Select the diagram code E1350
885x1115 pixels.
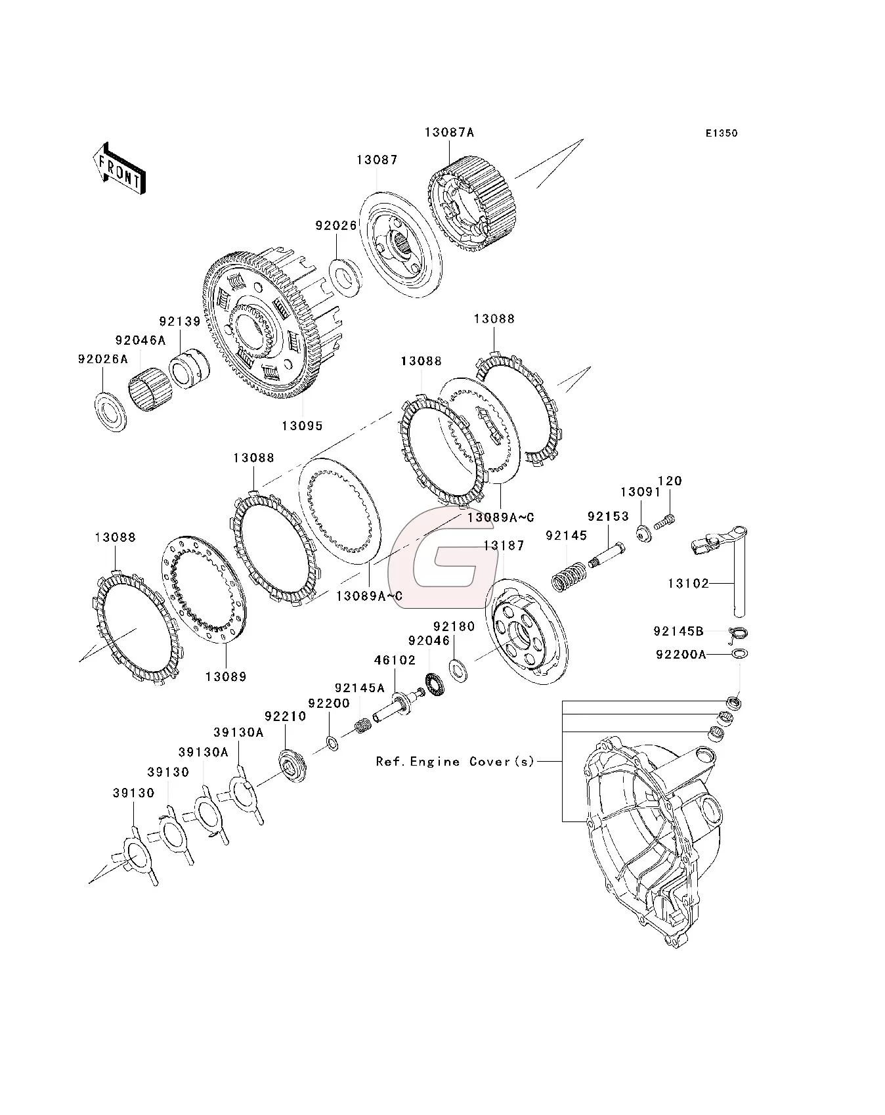coord(722,133)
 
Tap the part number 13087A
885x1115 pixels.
coord(449,132)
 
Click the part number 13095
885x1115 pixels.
coord(302,426)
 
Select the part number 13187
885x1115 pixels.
coord(504,546)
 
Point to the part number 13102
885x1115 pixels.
coord(688,583)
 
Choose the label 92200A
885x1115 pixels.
coord(680,654)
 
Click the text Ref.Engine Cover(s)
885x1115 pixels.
coord(455,762)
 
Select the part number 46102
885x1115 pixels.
coord(395,660)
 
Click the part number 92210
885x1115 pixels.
coord(285,716)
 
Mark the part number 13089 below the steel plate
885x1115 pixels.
coord(225,676)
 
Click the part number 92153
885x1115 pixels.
coord(608,517)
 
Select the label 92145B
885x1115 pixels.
coord(678,632)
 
